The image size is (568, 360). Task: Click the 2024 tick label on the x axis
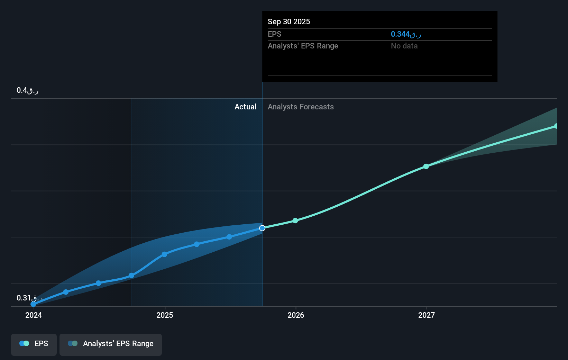[34, 315]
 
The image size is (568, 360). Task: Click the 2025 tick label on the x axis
[165, 315]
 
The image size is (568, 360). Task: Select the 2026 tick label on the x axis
[296, 315]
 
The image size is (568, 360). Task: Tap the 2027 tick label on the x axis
[427, 315]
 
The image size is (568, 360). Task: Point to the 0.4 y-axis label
[27, 90]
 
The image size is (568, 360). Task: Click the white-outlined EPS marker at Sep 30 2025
[262, 228]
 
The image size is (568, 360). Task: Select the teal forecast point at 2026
[295, 220]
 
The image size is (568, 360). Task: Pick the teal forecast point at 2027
[426, 166]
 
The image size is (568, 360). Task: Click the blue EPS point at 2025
[164, 254]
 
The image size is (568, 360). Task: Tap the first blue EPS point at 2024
[33, 304]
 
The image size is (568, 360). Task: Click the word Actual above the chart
[245, 107]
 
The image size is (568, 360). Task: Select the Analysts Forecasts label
[301, 107]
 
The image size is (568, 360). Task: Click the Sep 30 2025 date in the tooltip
[289, 21]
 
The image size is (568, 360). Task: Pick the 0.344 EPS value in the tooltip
[405, 34]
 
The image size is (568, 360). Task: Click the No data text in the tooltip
[404, 46]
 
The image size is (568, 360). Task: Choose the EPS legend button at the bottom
[34, 344]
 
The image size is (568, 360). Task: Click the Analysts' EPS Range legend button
[111, 344]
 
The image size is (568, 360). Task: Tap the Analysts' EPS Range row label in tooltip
[303, 46]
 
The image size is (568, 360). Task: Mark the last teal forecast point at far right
[556, 126]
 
